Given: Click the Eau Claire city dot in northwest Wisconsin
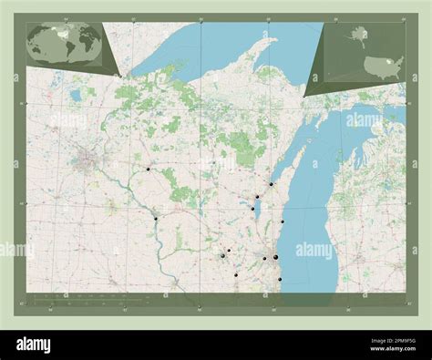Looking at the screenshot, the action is pos(148,169).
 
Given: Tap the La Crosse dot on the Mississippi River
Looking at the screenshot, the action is pos(156,218).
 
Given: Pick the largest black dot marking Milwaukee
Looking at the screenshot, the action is pos(275,258).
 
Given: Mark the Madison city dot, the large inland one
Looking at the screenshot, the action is pos(222,256).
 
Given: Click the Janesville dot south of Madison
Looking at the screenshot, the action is pos(236,275).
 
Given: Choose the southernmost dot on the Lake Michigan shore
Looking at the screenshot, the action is pos(280,279).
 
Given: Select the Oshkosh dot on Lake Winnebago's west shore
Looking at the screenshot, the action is pos(252,209).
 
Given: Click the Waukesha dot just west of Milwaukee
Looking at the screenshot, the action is pos(264,259).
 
